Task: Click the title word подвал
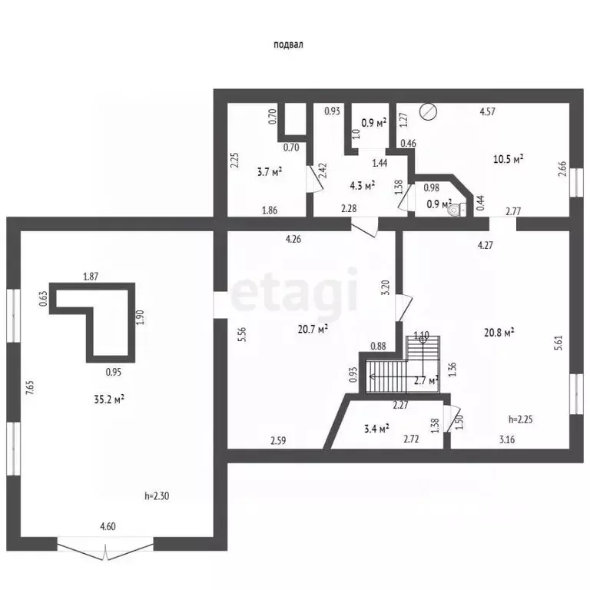pos(288,45)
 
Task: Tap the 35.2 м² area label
pos(109,399)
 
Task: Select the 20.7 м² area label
pos(313,330)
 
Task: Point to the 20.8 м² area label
pos(499,333)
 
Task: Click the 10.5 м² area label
pos(509,159)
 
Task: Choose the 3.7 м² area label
pos(270,172)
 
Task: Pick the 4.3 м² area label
pos(363,185)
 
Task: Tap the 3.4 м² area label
pos(376,428)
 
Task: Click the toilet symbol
pos(456,210)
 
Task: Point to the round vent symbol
pos(429,111)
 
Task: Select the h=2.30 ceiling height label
pos(157,496)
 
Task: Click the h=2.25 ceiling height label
pos(520,419)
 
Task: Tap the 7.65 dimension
pos(30,387)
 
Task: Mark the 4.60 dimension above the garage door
pos(108,526)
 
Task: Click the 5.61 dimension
pos(559,343)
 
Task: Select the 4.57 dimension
pos(488,111)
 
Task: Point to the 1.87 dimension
pos(91,277)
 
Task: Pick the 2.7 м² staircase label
pos(426,380)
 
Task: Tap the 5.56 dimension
pos(242,334)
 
